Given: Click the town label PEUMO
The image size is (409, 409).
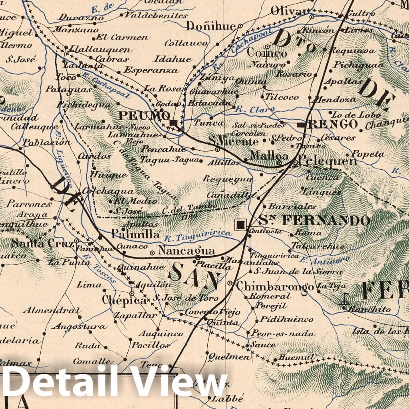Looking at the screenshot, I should pyautogui.click(x=144, y=116).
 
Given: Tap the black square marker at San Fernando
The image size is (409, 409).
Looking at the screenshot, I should pyautogui.click(x=241, y=225).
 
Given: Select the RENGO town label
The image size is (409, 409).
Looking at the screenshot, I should pyautogui.click(x=332, y=124).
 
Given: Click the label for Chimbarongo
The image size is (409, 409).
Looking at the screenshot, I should pyautogui.click(x=274, y=286).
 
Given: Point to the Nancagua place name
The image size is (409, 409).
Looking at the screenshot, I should pyautogui.click(x=187, y=251).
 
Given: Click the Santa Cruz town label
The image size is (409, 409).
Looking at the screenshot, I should pyautogui.click(x=42, y=243).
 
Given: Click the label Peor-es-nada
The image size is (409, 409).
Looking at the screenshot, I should pyautogui.click(x=282, y=334).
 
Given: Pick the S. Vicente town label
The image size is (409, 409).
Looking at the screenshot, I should pyautogui.click(x=234, y=141).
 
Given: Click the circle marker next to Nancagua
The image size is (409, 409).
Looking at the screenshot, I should pyautogui.click(x=152, y=252).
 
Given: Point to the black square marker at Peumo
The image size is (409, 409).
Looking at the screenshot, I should pyautogui.click(x=174, y=122).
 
